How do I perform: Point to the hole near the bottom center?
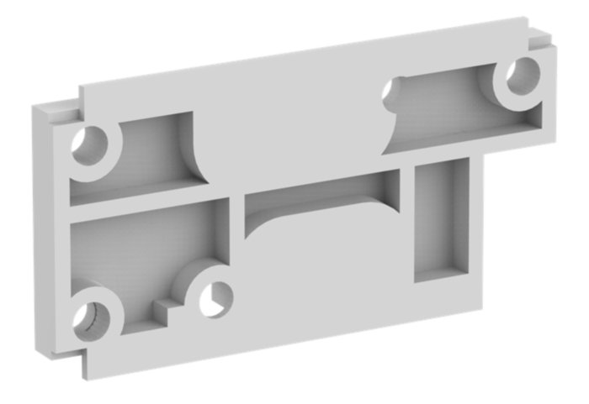[214, 298]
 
